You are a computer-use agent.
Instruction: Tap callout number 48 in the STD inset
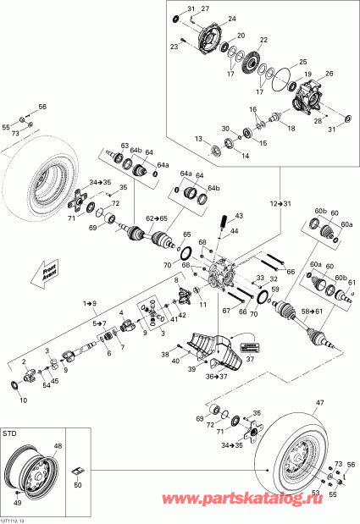[58, 446]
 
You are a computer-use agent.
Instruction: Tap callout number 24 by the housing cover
[231, 18]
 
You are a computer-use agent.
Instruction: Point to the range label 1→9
[90, 302]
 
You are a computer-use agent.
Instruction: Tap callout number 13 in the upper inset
[198, 138]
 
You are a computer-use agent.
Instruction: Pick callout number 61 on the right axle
[352, 283]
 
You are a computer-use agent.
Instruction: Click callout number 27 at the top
[205, 8]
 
